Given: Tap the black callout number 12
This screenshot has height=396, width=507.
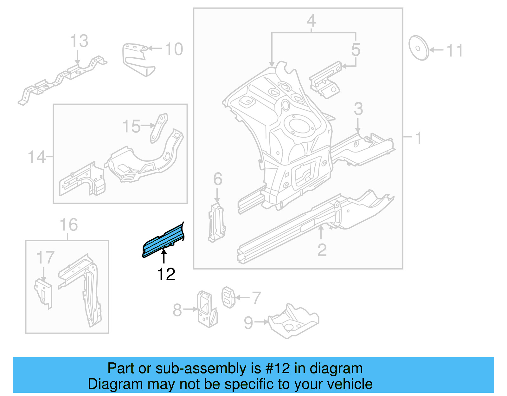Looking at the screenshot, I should pyautogui.click(x=166, y=275).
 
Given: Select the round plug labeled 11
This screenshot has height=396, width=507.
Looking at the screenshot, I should pyautogui.click(x=418, y=48).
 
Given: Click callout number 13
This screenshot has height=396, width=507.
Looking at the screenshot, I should pyautogui.click(x=79, y=41).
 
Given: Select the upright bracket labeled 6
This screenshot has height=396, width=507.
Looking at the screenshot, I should pyautogui.click(x=217, y=223).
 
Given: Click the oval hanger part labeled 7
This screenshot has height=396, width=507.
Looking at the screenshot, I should pyautogui.click(x=228, y=297).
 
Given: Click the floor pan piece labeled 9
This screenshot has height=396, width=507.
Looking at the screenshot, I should pyautogui.click(x=293, y=322).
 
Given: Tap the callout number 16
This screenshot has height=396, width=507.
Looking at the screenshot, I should pyautogui.click(x=68, y=225).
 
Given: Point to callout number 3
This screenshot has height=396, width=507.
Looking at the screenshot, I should pyautogui.click(x=358, y=109).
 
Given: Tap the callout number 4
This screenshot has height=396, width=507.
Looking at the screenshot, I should pyautogui.click(x=311, y=21).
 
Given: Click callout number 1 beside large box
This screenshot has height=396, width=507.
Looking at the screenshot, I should pyautogui.click(x=418, y=138).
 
